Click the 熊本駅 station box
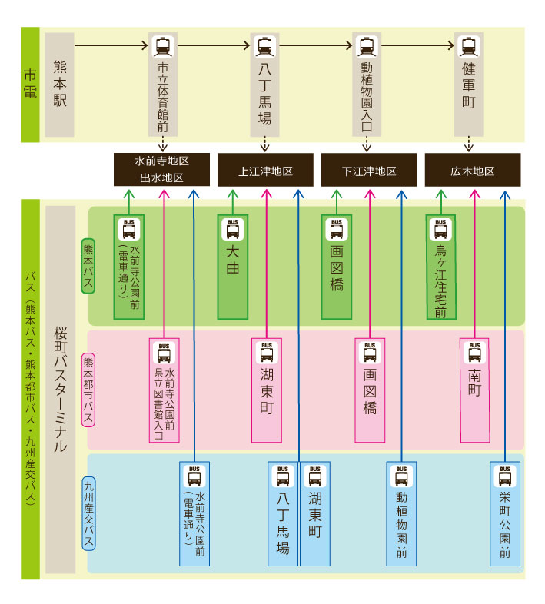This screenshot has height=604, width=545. (x=60, y=85)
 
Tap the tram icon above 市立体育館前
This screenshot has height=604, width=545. (x=162, y=46)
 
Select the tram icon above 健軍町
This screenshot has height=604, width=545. (x=469, y=46)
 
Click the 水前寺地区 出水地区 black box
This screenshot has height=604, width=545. (x=161, y=170)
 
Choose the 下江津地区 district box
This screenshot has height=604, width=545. (x=369, y=171)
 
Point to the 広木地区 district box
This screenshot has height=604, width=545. (x=473, y=171)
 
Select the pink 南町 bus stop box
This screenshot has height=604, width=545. (x=474, y=390)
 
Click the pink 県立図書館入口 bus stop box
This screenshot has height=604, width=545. (x=164, y=390)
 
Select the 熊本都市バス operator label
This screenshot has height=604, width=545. (x=88, y=390)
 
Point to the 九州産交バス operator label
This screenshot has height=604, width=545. (x=88, y=513)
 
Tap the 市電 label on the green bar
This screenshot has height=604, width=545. (x=30, y=85)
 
